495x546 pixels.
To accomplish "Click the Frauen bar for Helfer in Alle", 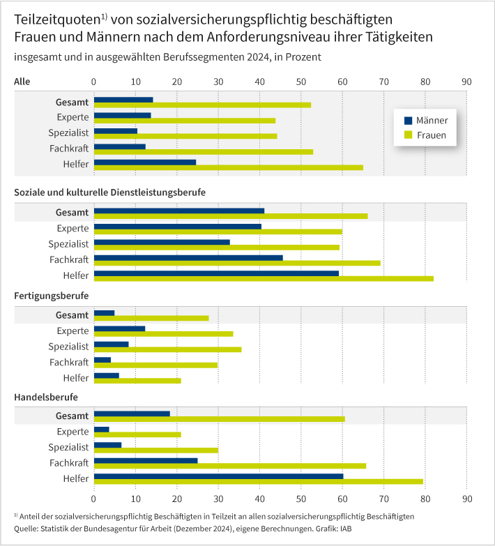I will coord(228,167).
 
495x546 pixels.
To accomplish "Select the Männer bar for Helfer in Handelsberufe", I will coord(218,476).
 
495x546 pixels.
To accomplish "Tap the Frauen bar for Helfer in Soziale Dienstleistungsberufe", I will coord(264,278).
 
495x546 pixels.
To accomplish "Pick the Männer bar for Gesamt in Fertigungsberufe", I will coord(104,313).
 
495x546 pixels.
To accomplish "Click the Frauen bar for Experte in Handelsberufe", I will coord(137,434).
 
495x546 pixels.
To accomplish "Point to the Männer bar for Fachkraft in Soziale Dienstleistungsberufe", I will coord(188,257).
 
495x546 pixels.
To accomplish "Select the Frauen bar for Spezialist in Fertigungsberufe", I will coord(167,349).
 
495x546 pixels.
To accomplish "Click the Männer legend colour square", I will coord(409,120).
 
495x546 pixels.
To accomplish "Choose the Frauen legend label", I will coord(432,135).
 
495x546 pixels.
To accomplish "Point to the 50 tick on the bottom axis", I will coord(301,499).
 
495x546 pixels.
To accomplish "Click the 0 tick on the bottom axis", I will coord(94,499).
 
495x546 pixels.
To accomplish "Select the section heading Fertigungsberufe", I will coord(56,296).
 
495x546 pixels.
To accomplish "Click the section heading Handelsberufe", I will coord(46,397).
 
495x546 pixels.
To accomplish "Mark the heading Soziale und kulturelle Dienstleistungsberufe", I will coord(109,191).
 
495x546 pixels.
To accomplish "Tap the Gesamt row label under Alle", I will coord(73,102).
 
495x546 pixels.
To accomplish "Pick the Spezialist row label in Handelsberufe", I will coord(68,447).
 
